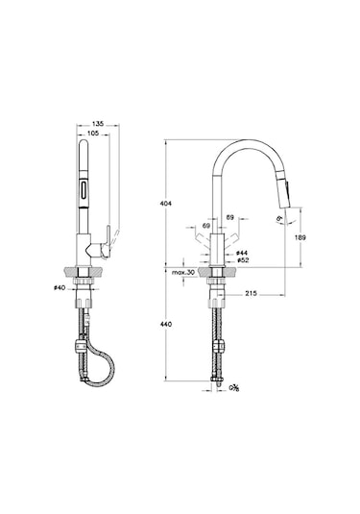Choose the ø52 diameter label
click(x=243, y=260)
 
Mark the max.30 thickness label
click(x=185, y=274)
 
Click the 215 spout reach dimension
click(x=250, y=292)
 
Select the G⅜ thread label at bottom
click(x=231, y=390)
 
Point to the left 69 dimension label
click(x=206, y=227)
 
